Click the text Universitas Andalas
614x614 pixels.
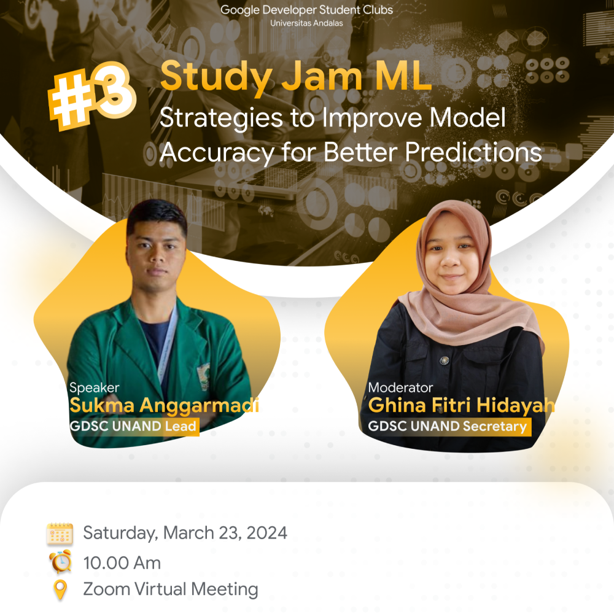pos(306,23)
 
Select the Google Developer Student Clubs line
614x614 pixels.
pos(306,10)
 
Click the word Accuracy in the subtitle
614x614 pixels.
pos(215,152)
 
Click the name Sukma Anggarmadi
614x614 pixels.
pos(164,406)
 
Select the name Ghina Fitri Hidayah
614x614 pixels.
pos(461,406)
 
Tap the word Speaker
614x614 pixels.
pos(94,387)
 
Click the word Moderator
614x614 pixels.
pos(400,387)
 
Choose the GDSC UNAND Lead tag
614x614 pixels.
pos(134,426)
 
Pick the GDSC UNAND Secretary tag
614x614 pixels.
pos(448,426)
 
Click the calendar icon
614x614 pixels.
pos(60,534)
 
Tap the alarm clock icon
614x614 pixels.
pos(60,562)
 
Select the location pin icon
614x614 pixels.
pos(60,590)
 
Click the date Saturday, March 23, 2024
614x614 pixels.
pos(185,533)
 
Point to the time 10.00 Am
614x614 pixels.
pos(122,562)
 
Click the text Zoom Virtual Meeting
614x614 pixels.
pos(170,589)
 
